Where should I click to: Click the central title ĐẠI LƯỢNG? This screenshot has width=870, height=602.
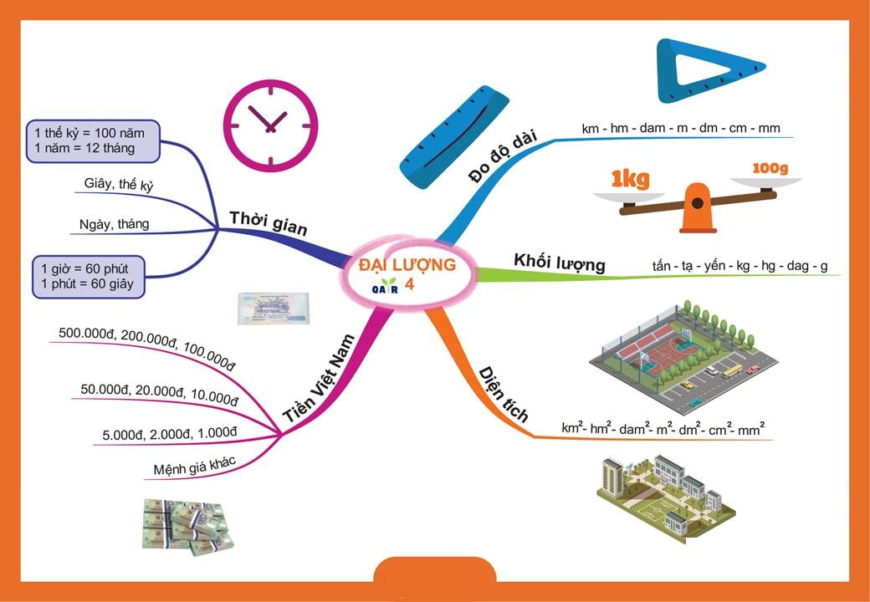click(407, 265)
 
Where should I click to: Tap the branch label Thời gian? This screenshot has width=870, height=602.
click(268, 223)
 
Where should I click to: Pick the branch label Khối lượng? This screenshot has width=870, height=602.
click(559, 262)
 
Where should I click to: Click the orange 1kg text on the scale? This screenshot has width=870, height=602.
click(630, 178)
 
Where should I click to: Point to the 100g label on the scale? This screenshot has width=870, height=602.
click(770, 169)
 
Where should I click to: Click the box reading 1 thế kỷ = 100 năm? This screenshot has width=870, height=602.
click(93, 140)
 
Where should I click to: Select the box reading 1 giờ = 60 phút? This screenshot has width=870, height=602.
click(88, 276)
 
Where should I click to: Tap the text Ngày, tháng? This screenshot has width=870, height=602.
click(114, 224)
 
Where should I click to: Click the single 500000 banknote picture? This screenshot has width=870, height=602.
click(273, 308)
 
